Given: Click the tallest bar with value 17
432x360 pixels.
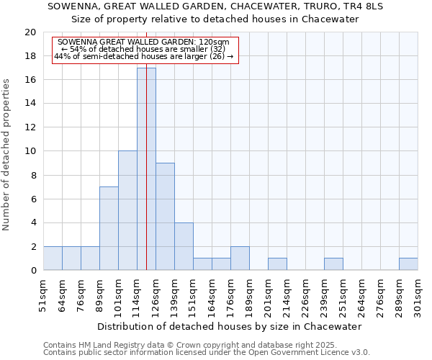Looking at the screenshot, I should [146, 169].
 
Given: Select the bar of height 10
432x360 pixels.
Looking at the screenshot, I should [127, 210].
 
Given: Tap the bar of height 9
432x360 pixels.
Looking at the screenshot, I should [165, 216].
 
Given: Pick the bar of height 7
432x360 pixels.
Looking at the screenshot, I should [109, 228].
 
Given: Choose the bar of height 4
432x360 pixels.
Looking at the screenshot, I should [184, 246].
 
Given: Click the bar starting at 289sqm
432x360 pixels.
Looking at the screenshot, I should [408, 264].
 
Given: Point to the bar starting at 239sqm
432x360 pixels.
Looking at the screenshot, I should [333, 264].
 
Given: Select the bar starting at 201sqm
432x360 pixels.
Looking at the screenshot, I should [277, 264].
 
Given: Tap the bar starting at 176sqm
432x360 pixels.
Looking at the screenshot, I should [240, 258].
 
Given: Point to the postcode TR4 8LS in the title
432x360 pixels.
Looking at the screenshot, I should [361, 6].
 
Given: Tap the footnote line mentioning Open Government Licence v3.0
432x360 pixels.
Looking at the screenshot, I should [207, 353].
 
